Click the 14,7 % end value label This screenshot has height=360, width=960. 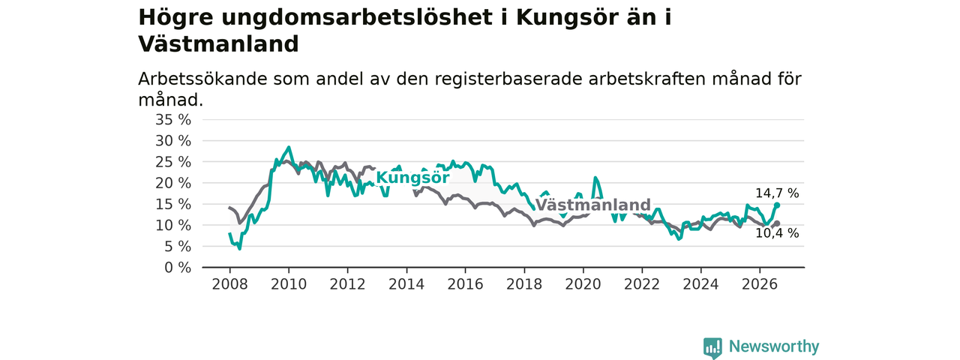777,193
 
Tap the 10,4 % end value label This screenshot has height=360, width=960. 777,233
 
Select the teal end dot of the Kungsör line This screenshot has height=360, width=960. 777,205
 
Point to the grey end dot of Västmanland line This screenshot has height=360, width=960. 777,223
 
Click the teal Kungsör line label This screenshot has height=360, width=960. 412,178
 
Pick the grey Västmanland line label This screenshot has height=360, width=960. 593,205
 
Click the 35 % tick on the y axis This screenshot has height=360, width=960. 173,119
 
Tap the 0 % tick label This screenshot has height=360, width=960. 178,268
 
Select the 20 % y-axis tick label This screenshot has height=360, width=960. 173,183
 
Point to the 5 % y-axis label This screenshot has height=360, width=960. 178,247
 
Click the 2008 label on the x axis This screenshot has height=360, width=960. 229,284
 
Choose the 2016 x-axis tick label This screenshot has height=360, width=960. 465,284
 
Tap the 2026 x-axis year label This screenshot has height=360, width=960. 760,284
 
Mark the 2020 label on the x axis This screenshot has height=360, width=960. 583,284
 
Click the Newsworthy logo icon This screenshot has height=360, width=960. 712,347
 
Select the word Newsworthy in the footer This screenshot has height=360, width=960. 774,346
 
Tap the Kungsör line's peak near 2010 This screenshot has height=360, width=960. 289,148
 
